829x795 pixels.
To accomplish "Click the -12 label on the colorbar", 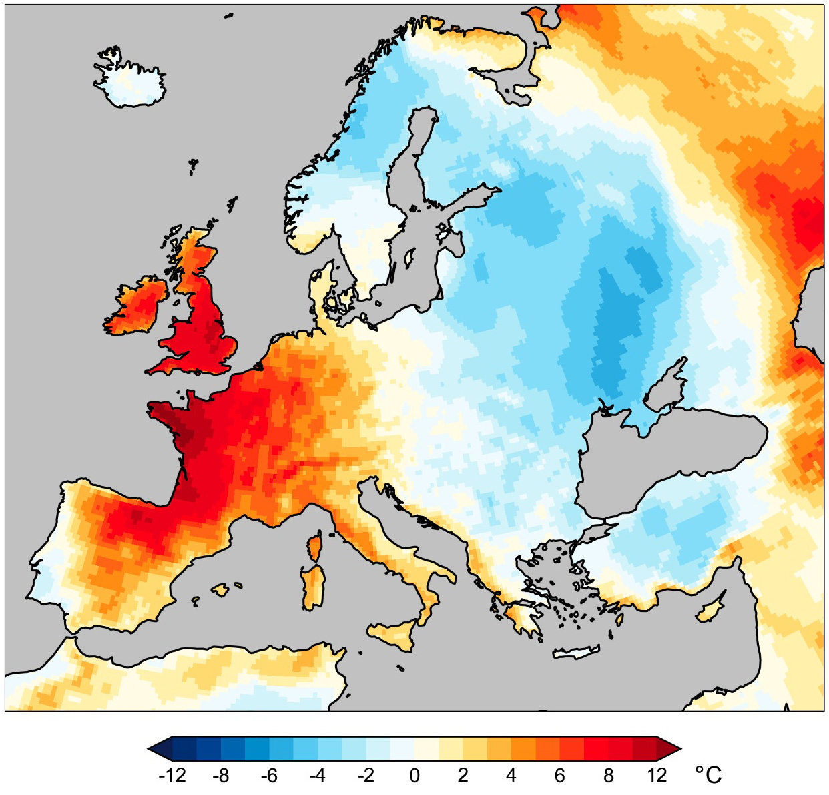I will (x=172, y=776).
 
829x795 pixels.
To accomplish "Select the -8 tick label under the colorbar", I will (x=220, y=776).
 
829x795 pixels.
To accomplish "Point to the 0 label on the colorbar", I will (x=414, y=776).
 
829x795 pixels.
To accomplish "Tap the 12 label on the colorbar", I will (x=657, y=776).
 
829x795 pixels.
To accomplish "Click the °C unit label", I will (x=708, y=775).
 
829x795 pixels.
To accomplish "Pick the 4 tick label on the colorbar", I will (x=511, y=776).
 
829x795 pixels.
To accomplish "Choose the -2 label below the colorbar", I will (x=366, y=776).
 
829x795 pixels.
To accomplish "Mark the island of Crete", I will (x=577, y=652).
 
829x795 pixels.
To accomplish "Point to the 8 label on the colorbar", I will (x=608, y=776).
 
